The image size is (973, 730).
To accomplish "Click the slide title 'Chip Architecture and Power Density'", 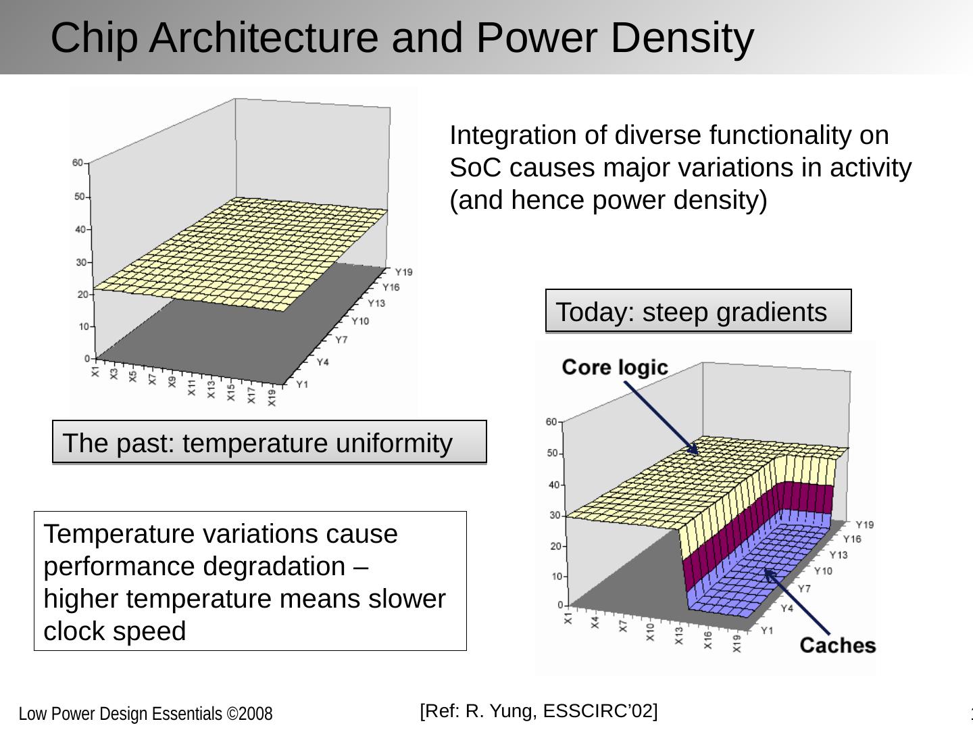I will (402, 38).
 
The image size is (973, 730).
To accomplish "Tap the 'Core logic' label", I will (614, 367).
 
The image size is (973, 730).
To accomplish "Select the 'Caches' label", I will (837, 646).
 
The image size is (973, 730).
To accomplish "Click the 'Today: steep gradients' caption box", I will (698, 312).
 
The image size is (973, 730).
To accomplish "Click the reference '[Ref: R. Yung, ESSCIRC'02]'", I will (539, 710).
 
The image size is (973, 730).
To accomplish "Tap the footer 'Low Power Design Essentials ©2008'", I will (145, 714).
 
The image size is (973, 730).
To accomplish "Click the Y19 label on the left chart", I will (403, 272).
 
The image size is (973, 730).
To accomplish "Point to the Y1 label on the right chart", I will (767, 631).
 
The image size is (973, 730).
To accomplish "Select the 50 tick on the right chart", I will (552, 454).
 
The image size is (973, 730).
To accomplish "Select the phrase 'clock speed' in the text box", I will (114, 631).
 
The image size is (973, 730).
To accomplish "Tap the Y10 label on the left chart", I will (360, 320).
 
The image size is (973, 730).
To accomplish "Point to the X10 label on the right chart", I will (650, 632).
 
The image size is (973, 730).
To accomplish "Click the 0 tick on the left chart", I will (87, 358).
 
